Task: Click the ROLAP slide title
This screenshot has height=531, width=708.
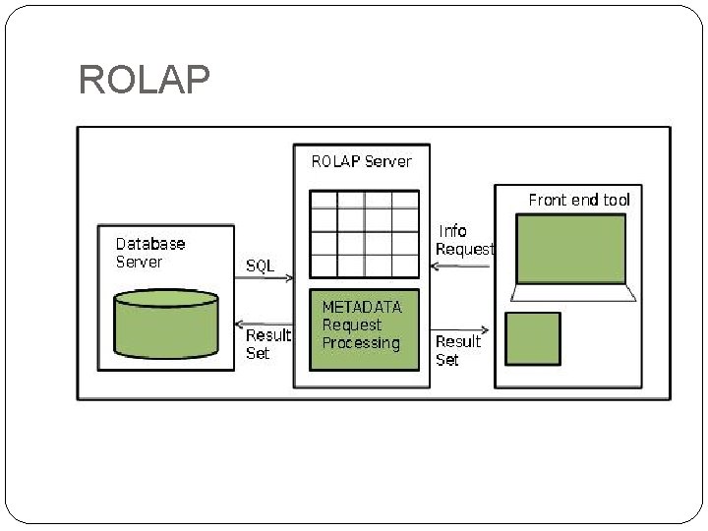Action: pyautogui.click(x=144, y=81)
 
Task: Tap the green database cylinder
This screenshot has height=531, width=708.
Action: pyautogui.click(x=166, y=324)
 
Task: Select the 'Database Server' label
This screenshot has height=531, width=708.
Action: pyautogui.click(x=150, y=253)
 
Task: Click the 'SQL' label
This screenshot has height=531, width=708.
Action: pyautogui.click(x=261, y=265)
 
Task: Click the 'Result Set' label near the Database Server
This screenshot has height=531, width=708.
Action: pyautogui.click(x=267, y=343)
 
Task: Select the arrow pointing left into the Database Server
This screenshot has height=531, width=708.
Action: pyautogui.click(x=264, y=324)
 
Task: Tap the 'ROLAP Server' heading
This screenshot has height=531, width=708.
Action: pyautogui.click(x=361, y=161)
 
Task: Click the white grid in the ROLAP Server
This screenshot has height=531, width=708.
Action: pyautogui.click(x=364, y=234)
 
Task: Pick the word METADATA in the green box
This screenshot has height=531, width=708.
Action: pyautogui.click(x=362, y=307)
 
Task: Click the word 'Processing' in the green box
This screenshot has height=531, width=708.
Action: pyautogui.click(x=361, y=343)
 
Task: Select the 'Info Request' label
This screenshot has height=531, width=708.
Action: pyautogui.click(x=464, y=240)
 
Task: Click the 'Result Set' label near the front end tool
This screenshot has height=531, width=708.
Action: pyautogui.click(x=458, y=350)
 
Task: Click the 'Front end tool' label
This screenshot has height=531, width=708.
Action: pyautogui.click(x=579, y=200)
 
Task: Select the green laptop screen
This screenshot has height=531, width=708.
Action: pyautogui.click(x=571, y=249)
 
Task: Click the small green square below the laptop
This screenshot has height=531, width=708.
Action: pyautogui.click(x=533, y=338)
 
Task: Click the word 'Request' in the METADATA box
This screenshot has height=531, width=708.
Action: pyautogui.click(x=352, y=324)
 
